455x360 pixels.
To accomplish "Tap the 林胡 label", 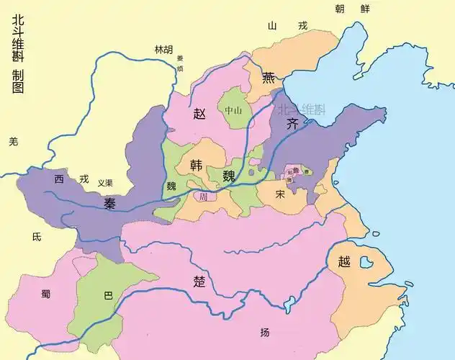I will pos(163,50).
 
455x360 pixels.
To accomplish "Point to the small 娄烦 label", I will pos(181,63).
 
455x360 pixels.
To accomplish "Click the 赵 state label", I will pos(200,113).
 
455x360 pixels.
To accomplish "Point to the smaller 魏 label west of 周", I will pos(171,185).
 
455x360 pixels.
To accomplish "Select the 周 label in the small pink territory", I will pos(204,196).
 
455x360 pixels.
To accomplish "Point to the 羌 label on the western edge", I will pos(12,142).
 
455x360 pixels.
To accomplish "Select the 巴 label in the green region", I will pos(109,295).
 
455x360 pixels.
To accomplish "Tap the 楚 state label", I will pos(199,282).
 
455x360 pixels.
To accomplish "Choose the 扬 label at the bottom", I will pos(265,332).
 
